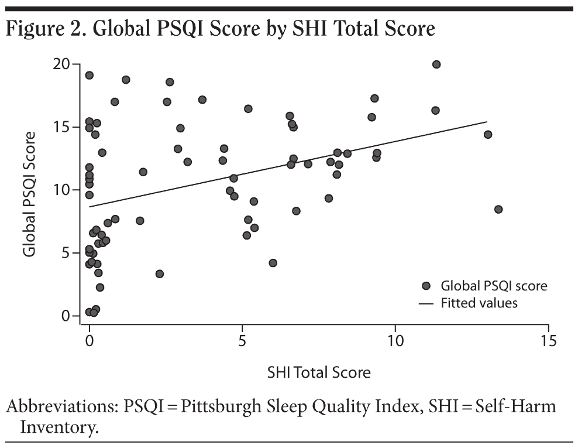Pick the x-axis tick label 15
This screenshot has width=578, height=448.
point(548,341)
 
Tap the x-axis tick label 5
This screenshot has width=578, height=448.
point(242,341)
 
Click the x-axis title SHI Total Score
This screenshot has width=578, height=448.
point(319,372)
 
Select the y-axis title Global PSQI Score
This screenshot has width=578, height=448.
point(30,193)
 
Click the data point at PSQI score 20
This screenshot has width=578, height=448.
point(436,64)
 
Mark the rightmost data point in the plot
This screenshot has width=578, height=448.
point(498,209)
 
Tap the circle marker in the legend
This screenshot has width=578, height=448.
point(426,286)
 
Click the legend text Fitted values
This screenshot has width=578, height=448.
point(479,303)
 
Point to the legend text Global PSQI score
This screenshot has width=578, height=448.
point(494,286)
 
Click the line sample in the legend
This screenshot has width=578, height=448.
point(426,303)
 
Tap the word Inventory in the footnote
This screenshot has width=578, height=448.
point(57,427)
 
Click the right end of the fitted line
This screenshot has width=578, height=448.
point(487,122)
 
